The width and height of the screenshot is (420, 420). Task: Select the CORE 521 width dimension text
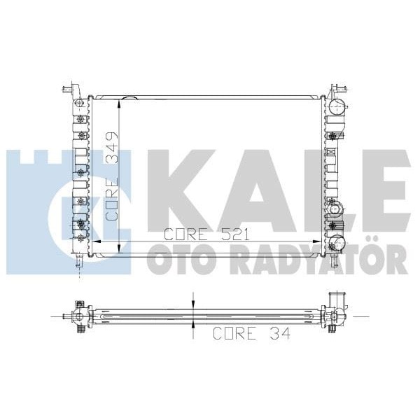tap(206, 235)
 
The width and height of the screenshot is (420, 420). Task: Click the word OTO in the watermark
tap(181, 262)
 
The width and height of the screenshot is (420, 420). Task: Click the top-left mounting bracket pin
tap(67, 89)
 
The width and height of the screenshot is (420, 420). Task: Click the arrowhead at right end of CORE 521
tap(318, 240)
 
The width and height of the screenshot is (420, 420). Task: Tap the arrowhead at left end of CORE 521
tap(98, 240)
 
